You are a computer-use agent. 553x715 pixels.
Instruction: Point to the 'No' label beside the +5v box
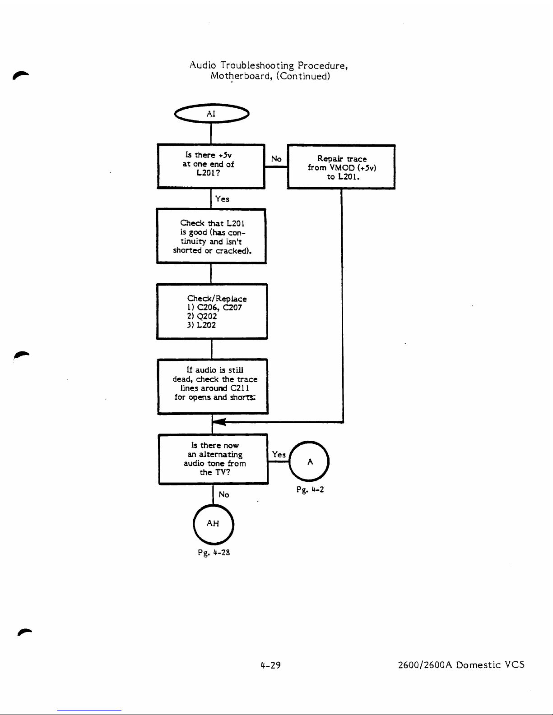pyautogui.click(x=276, y=159)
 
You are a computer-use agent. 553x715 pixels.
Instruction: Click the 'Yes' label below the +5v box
pyautogui.click(x=222, y=199)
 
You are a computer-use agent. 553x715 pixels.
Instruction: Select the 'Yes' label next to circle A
pyautogui.click(x=279, y=454)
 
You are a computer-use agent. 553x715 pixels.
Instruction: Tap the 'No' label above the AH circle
pyautogui.click(x=224, y=494)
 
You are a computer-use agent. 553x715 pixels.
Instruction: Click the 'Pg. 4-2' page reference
pyautogui.click(x=310, y=489)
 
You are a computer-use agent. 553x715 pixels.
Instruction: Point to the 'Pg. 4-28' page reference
pyautogui.click(x=214, y=553)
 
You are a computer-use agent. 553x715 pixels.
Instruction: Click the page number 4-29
pyautogui.click(x=270, y=665)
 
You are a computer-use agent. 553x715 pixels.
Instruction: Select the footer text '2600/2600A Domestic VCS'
pyautogui.click(x=461, y=664)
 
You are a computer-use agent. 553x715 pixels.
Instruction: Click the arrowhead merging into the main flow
pyautogui.click(x=219, y=422)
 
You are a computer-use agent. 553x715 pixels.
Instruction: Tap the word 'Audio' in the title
pyautogui.click(x=203, y=65)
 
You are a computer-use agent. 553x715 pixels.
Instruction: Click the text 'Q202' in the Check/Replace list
pyautogui.click(x=207, y=317)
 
